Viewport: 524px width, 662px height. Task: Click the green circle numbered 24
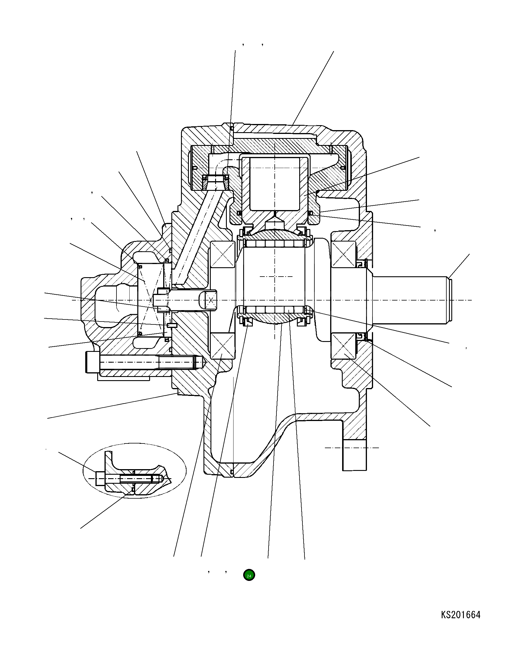tap(249, 576)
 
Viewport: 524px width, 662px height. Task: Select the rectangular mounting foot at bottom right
tap(354, 455)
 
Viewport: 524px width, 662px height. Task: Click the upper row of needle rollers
tap(275, 243)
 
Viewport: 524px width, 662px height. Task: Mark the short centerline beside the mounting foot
tap(351, 448)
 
